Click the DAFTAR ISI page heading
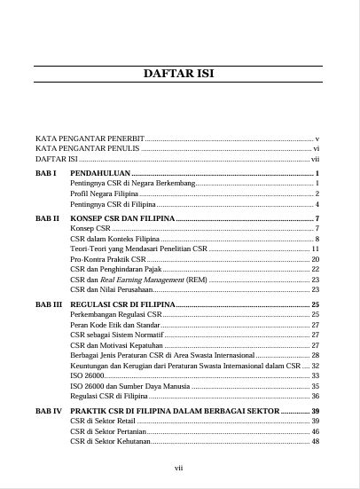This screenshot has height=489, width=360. pyautogui.click(x=179, y=74)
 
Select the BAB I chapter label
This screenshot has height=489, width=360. pyautogui.click(x=46, y=172)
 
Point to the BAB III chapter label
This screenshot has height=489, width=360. pyautogui.click(x=49, y=304)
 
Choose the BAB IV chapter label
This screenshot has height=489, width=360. pyautogui.click(x=49, y=412)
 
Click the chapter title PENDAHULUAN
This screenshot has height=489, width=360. pyautogui.click(x=100, y=172)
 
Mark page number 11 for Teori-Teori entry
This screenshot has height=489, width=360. pyautogui.click(x=315, y=249)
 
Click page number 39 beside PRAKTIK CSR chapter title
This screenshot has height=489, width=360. pyautogui.click(x=315, y=412)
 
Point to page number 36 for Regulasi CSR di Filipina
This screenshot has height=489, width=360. pyautogui.click(x=315, y=397)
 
